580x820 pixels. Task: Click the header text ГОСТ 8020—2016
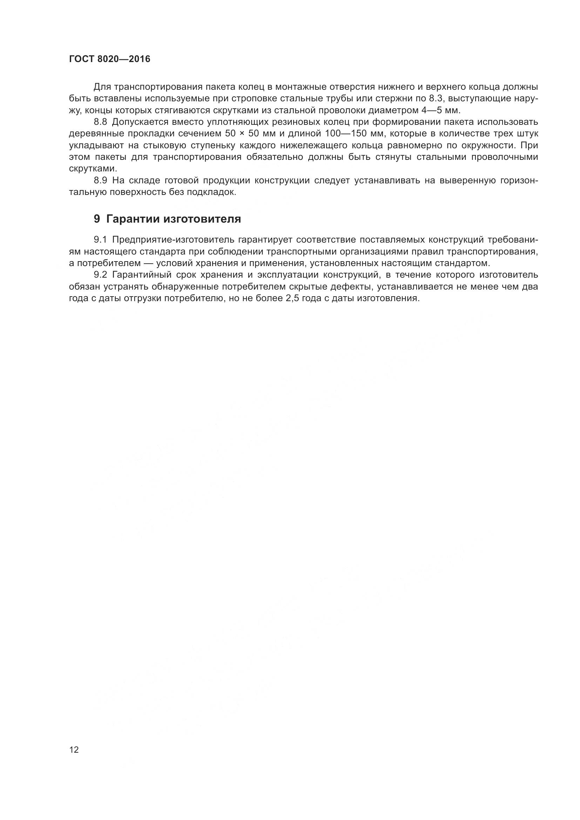point(110,59)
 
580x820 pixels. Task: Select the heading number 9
point(97,219)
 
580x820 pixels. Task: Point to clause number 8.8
point(100,122)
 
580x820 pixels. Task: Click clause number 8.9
point(100,181)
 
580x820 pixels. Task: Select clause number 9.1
point(100,239)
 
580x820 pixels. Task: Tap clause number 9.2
point(100,275)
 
